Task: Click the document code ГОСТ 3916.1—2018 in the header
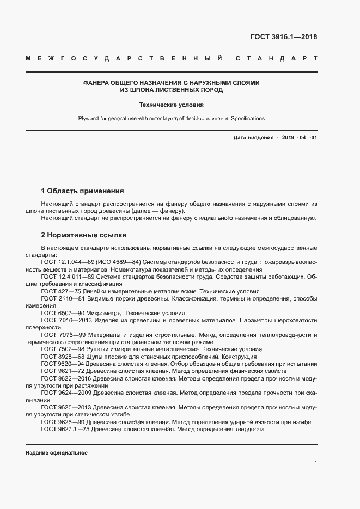(x=283, y=37)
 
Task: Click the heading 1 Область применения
(x=82, y=191)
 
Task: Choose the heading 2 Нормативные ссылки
(x=83, y=235)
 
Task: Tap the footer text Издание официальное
(x=56, y=452)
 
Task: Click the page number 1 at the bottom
(x=316, y=462)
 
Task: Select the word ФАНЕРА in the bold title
(x=95, y=83)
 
